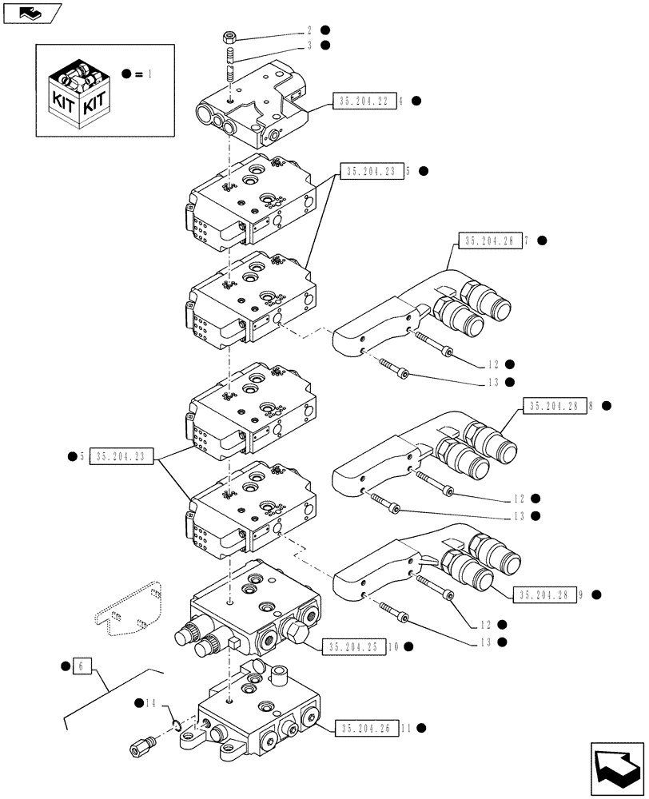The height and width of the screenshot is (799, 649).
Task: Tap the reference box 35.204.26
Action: (x=367, y=728)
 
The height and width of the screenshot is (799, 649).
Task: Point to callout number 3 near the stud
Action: (x=308, y=45)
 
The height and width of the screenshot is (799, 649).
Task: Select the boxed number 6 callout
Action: (x=78, y=665)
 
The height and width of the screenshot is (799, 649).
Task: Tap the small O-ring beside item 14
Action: (x=177, y=725)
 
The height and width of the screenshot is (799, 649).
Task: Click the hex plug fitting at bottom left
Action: (x=141, y=749)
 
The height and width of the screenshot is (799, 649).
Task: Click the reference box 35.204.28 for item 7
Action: (x=488, y=240)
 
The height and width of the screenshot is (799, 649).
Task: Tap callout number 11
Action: (x=406, y=728)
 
